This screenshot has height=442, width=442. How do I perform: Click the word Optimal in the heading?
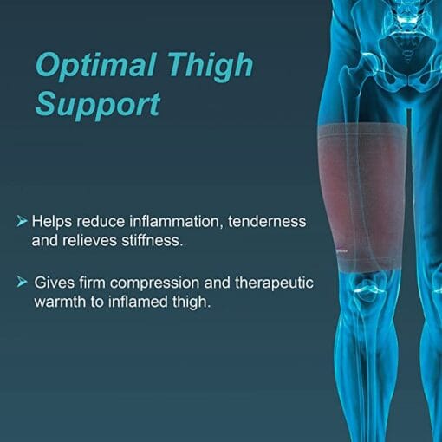coord(96,66)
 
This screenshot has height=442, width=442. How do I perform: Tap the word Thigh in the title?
coord(211,66)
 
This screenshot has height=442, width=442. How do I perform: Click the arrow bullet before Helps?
coord(22,221)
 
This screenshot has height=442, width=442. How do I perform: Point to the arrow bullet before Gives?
coord(22,282)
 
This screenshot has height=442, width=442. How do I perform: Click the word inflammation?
coord(176,222)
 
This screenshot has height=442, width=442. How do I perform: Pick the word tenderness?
coord(267,222)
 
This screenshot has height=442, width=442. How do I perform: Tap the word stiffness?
coord(152,240)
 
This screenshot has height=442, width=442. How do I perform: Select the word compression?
coord(154,283)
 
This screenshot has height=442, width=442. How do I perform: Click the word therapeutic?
coord(274,283)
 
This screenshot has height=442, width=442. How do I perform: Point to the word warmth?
coord(60,302)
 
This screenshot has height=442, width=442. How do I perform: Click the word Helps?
coord(52,222)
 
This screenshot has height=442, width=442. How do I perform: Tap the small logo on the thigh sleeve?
coord(342,251)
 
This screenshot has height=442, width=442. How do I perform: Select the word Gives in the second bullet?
coord(55,283)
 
